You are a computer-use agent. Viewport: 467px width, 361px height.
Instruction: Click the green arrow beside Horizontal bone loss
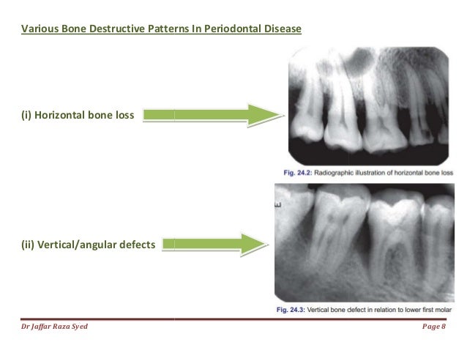(x=213, y=115)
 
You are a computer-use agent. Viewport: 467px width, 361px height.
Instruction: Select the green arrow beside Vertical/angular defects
(x=213, y=245)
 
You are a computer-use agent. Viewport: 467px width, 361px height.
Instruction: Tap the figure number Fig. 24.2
(x=296, y=173)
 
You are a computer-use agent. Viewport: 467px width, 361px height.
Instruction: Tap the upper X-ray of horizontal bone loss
(x=368, y=106)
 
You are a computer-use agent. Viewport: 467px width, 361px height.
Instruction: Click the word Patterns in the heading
(x=160, y=30)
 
